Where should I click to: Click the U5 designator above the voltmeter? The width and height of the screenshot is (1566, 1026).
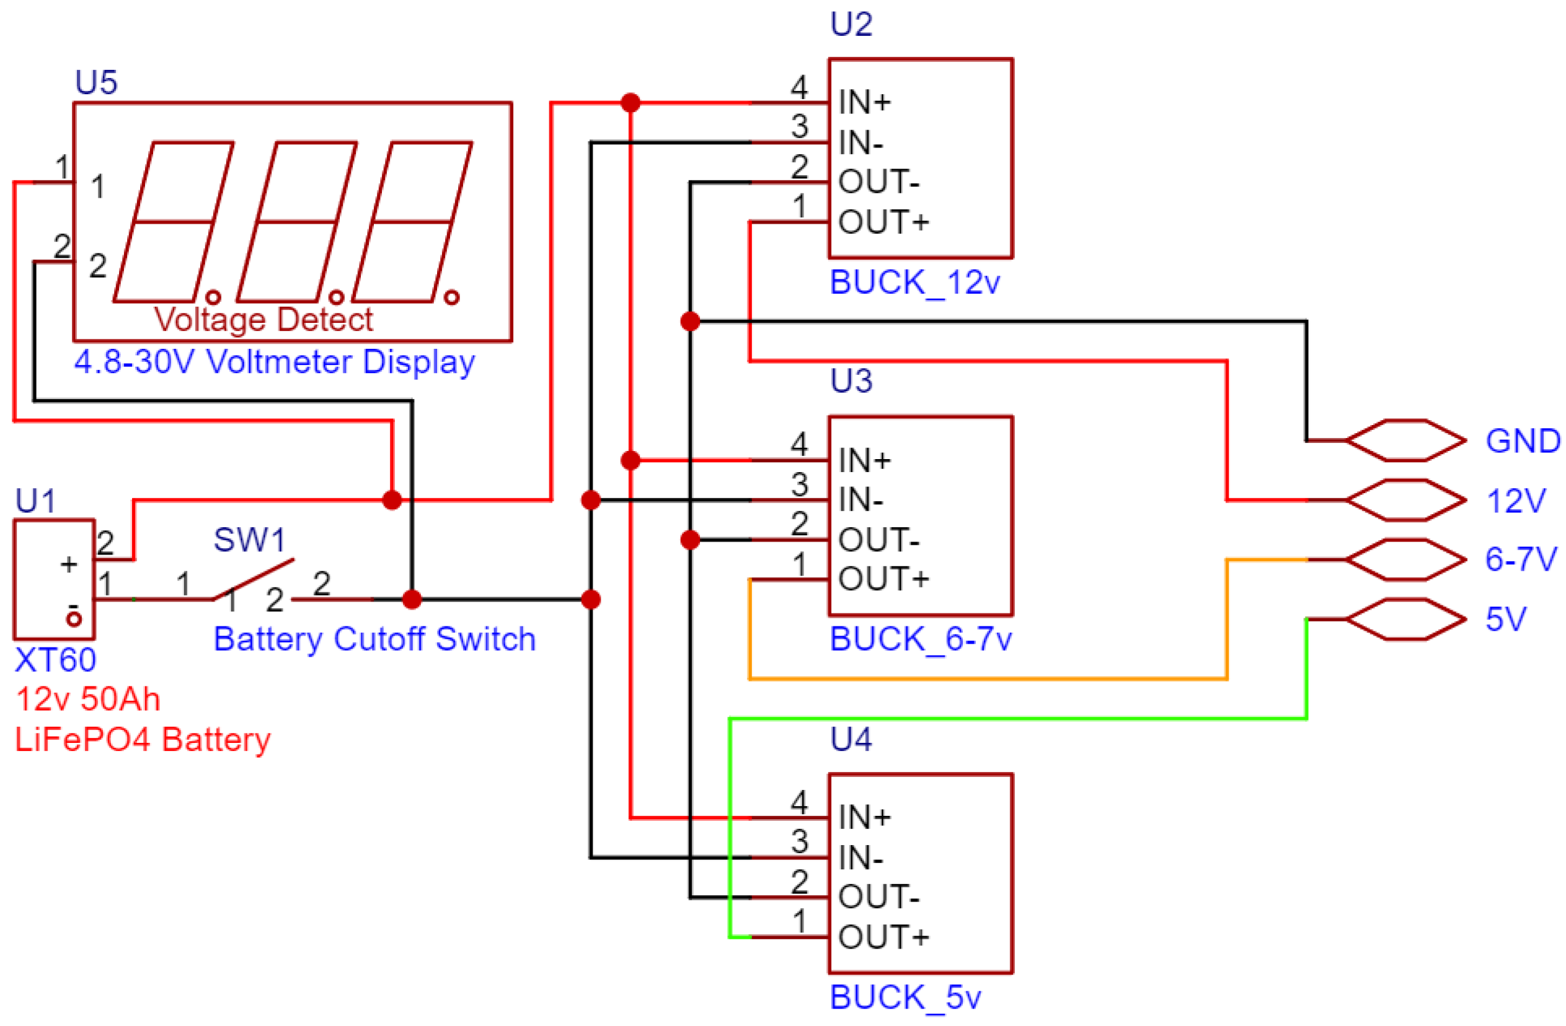96,83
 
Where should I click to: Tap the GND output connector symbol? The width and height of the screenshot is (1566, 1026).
1405,441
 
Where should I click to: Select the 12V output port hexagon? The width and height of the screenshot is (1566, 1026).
1405,501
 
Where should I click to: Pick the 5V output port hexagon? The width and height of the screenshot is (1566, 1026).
1405,620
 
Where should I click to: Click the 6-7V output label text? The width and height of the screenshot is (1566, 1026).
1521,559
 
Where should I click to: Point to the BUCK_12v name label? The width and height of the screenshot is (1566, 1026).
914,283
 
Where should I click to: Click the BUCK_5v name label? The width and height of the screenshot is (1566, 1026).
905,997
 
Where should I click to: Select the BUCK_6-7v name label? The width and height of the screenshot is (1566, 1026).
921,639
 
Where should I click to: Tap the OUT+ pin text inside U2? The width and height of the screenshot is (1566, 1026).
883,222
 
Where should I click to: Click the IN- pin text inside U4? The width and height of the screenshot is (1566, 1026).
860,858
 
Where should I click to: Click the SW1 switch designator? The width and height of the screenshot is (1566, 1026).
249,540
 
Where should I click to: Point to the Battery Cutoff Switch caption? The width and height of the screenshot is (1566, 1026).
374,639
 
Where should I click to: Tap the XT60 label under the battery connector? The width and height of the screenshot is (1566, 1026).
55,660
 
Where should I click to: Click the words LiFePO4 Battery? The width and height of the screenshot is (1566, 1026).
143,740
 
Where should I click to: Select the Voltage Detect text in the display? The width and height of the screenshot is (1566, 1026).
263,320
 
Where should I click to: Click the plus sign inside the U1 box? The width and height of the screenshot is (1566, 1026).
68,564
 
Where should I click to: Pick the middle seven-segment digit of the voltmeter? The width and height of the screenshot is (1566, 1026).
297,222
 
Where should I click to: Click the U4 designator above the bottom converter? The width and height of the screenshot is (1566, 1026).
851,739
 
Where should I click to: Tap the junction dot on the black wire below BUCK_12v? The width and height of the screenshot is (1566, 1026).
690,322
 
